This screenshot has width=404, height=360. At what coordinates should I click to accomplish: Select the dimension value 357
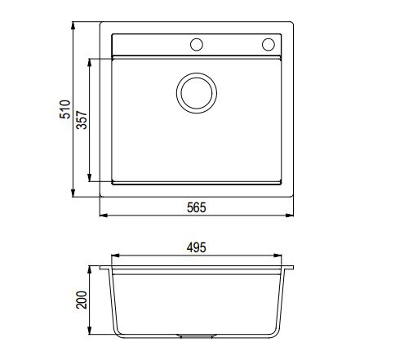coord(80,120)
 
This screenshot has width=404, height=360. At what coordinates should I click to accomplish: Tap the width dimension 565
coord(197,207)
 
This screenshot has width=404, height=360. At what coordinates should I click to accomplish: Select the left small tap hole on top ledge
coord(196,44)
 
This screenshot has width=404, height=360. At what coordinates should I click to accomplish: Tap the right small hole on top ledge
coord(268,44)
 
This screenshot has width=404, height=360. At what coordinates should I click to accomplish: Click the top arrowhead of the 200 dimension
coord(91,269)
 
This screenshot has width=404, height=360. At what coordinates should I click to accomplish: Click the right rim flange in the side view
coord(288,268)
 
